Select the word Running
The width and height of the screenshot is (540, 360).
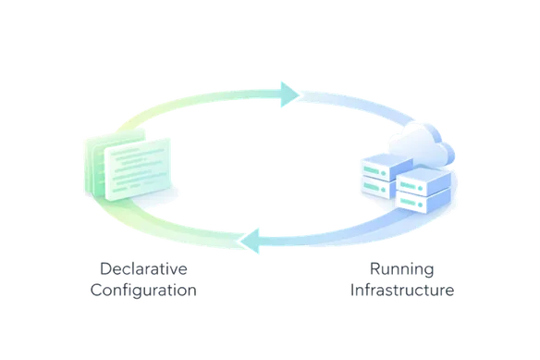click(401, 269)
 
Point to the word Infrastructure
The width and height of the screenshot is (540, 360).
click(401, 290)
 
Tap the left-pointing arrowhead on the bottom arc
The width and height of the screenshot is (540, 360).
click(251, 243)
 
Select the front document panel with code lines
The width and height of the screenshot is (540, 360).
click(139, 172)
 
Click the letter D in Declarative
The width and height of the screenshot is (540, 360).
click(104, 269)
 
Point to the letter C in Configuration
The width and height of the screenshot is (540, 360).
click(95, 290)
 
